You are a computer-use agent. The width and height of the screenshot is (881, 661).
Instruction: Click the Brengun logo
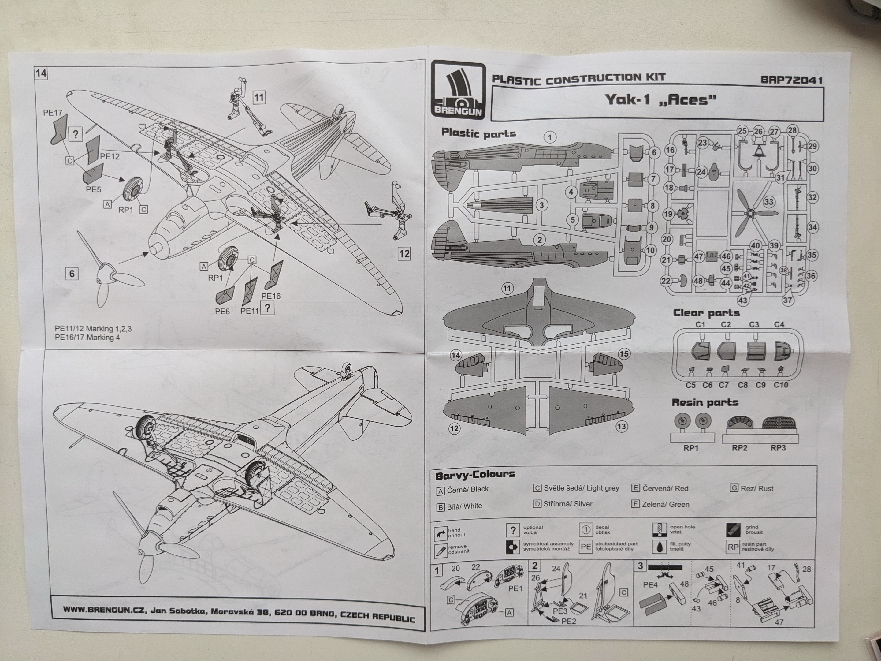coord(458,91)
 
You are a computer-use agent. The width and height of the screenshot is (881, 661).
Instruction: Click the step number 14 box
coord(41,73)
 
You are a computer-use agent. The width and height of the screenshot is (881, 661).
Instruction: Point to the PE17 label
coord(53,113)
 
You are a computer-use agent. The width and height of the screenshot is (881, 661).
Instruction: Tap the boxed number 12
coord(404,254)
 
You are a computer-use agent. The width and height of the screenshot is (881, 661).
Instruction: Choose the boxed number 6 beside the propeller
coord(72,274)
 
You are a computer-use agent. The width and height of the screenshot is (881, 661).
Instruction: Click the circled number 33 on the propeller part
coord(768,202)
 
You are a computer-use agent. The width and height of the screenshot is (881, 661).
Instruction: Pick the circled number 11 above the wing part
coord(507,289)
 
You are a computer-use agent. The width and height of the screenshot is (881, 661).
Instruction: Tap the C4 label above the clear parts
coord(779,325)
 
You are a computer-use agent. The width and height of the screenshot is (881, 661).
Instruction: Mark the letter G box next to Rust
coord(734,488)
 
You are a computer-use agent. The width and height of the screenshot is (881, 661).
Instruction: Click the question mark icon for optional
coord(513,530)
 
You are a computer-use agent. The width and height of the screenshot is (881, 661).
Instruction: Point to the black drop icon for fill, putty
coord(660,547)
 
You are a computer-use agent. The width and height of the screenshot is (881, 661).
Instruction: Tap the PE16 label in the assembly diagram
coord(271,296)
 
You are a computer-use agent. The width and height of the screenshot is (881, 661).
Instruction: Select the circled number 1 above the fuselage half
coord(550,138)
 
